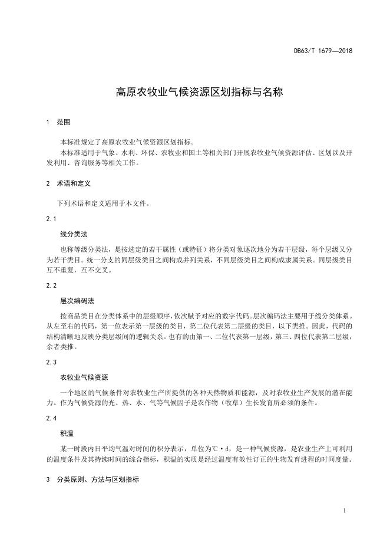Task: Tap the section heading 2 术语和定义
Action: pos(67,184)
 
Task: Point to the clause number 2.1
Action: pos(51,219)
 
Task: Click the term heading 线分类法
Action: pos(74,234)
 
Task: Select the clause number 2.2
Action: pos(51,285)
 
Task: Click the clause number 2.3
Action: pos(51,362)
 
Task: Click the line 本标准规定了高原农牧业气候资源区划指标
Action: pos(127,142)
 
